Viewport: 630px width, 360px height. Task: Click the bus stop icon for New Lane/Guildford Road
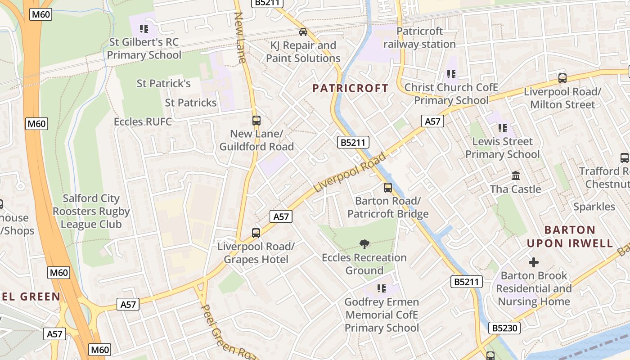click(256, 121)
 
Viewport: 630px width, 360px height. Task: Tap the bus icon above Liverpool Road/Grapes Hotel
click(256, 233)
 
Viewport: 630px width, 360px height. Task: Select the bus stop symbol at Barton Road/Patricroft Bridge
click(388, 188)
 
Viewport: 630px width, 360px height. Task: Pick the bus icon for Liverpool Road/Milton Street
click(562, 78)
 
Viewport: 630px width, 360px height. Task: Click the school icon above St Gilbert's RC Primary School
click(144, 29)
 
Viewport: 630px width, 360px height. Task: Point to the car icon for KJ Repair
click(303, 32)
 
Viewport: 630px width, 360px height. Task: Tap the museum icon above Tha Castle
click(516, 175)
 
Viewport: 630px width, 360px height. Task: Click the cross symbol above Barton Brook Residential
click(534, 262)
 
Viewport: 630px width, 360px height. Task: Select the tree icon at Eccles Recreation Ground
click(364, 244)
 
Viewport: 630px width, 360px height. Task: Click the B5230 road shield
click(504, 328)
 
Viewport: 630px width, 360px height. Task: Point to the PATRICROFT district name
click(350, 88)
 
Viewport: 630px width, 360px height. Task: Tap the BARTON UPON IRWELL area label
click(570, 237)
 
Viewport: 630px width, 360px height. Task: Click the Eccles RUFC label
click(143, 122)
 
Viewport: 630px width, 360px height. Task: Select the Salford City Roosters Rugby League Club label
click(91, 211)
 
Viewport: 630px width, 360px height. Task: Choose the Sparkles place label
click(594, 207)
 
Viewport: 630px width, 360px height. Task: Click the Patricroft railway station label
click(419, 38)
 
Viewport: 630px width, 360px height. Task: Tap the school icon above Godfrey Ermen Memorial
click(382, 288)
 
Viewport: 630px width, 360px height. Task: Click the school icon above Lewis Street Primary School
click(503, 128)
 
